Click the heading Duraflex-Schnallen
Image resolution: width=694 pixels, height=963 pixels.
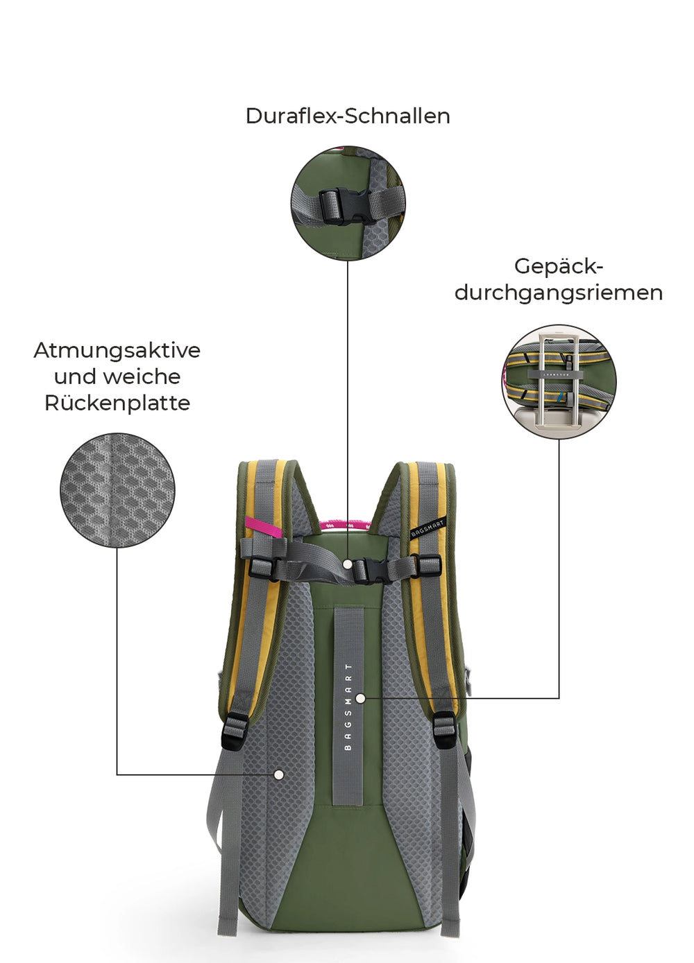[348, 116]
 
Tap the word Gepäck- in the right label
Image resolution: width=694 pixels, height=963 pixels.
[559, 266]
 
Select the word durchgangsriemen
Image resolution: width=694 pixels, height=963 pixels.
[559, 293]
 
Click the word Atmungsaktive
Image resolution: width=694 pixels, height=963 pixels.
[117, 350]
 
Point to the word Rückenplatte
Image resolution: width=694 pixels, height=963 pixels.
[117, 404]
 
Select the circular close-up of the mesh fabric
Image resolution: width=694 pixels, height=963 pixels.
[117, 491]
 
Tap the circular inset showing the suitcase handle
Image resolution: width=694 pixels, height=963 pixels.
[559, 382]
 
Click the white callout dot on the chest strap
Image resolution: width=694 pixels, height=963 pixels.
[348, 564]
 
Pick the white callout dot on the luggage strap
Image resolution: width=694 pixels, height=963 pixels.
[361, 699]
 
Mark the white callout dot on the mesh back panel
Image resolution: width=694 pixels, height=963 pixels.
[279, 774]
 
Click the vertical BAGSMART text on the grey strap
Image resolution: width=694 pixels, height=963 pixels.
[348, 706]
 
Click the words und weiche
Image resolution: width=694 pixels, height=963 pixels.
[117, 376]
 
